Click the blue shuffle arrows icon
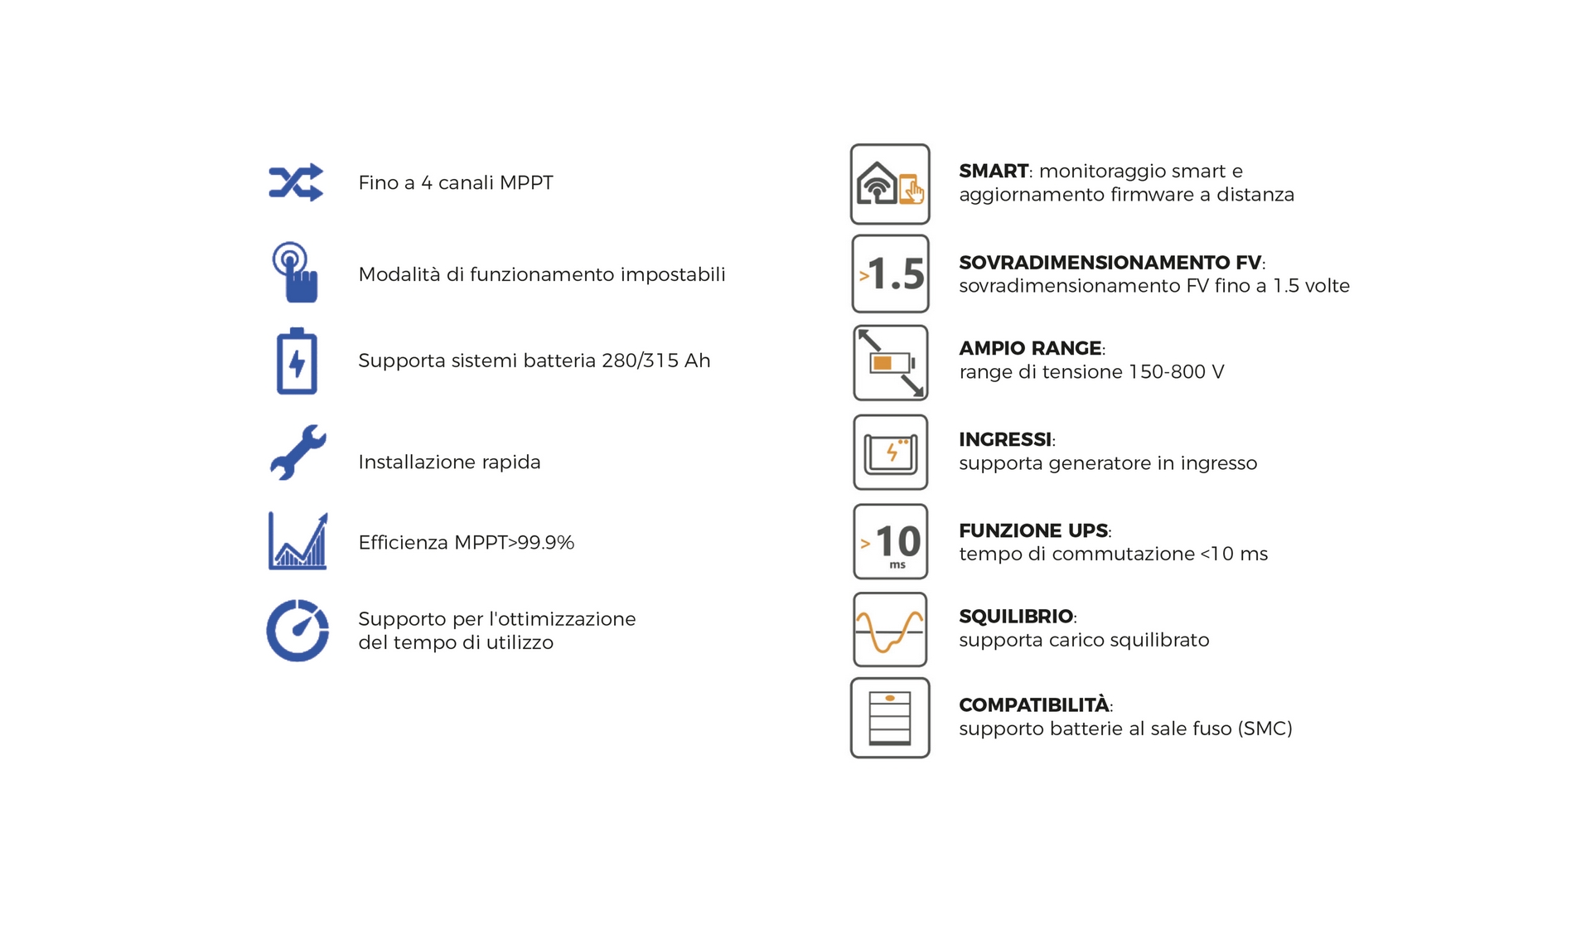click(x=296, y=182)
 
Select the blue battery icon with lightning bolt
click(x=297, y=361)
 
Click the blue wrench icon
click(x=298, y=453)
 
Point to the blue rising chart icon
click(x=297, y=541)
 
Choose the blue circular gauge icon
click(x=297, y=631)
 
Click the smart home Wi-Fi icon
click(x=890, y=184)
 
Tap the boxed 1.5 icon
click(x=890, y=274)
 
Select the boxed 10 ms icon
click(x=890, y=541)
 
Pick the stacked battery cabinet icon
click(x=890, y=718)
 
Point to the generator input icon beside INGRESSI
click(x=890, y=453)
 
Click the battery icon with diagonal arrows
click(x=890, y=363)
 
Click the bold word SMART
click(x=994, y=171)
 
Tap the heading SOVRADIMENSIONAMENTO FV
click(x=1110, y=263)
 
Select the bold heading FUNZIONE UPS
click(x=1033, y=530)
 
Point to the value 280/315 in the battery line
click(x=640, y=361)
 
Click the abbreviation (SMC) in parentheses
click(x=1265, y=729)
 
